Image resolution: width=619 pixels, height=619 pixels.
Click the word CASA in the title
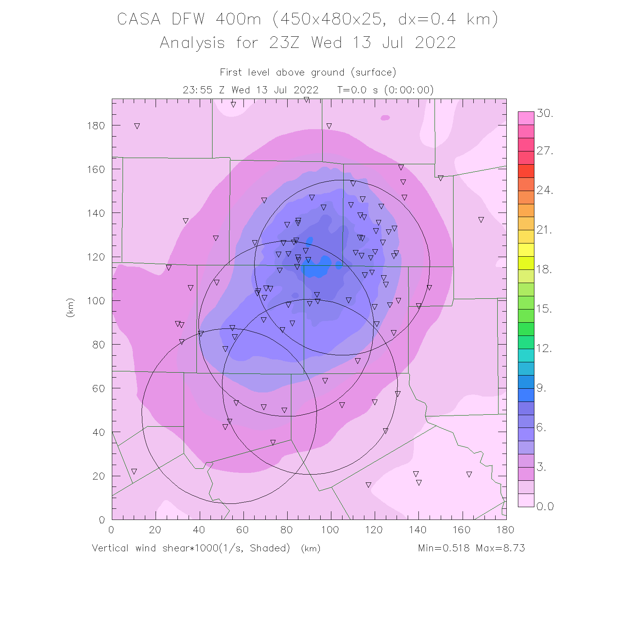[x=139, y=19]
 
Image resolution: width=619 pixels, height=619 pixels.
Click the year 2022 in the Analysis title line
[x=435, y=43]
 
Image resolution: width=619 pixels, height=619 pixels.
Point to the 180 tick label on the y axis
[x=96, y=125]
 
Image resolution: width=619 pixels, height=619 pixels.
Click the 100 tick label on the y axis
[x=96, y=301]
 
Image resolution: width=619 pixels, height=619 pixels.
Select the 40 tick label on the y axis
[x=98, y=432]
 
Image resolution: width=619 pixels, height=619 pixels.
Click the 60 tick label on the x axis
[x=243, y=530]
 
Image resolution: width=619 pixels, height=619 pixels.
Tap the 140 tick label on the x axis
[x=418, y=530]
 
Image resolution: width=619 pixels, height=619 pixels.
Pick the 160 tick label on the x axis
[x=461, y=530]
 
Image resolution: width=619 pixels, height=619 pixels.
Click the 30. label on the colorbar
[x=545, y=113]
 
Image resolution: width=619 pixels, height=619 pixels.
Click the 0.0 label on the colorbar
[x=545, y=507]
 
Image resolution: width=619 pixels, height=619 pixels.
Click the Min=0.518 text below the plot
[x=444, y=548]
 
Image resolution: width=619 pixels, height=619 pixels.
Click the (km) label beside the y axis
[x=70, y=307]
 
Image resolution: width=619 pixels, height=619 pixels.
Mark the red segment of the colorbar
[x=526, y=171]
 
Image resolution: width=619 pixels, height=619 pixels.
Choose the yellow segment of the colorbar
[x=526, y=250]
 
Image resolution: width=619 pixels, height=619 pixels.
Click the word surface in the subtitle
[x=373, y=73]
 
